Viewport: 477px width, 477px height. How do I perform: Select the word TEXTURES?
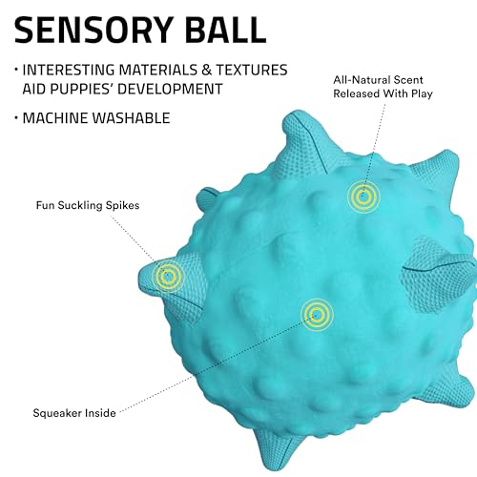(252, 70)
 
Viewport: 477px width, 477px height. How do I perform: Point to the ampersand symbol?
(206, 70)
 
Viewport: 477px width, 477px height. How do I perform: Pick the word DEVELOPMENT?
(170, 89)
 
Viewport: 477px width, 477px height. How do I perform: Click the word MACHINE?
(55, 118)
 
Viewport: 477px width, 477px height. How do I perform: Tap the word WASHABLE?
(131, 118)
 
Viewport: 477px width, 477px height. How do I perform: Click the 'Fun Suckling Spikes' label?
(88, 205)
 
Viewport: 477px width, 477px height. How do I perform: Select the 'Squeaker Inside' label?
(74, 413)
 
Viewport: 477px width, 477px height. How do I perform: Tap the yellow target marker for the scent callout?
(363, 197)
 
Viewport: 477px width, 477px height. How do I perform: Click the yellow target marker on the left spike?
(168, 277)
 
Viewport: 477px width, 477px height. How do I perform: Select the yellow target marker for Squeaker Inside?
(317, 315)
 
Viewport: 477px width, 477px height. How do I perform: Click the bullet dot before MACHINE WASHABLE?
(16, 118)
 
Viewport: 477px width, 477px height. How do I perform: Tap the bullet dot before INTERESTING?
(16, 70)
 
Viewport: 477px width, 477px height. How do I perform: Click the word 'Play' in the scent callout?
(422, 94)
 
